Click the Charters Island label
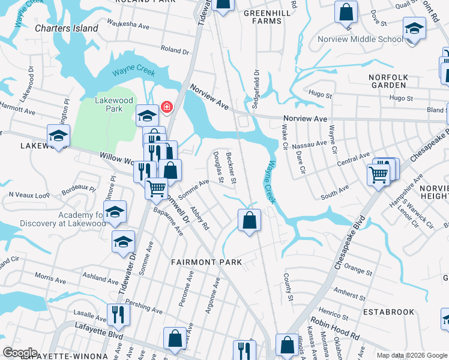click(66, 28)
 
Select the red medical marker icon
click(166, 107)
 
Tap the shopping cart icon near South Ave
click(379, 175)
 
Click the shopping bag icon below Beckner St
click(249, 220)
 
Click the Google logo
click(20, 353)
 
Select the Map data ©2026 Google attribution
click(411, 355)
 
